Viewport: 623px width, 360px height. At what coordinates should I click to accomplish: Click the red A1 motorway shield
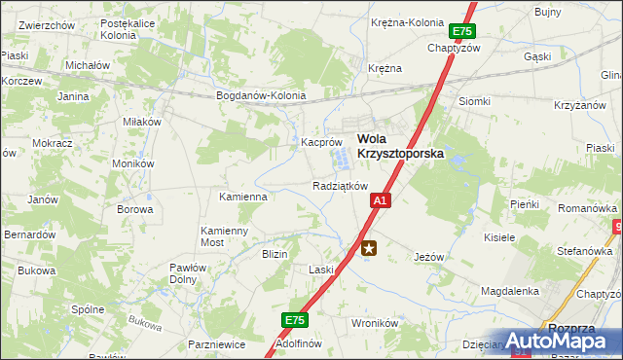click(380, 200)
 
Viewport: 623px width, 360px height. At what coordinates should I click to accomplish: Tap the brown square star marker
click(369, 248)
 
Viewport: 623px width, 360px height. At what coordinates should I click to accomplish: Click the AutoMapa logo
click(563, 342)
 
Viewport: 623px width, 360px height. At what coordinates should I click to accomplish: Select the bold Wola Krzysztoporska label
click(399, 146)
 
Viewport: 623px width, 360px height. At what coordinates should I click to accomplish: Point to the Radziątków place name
click(339, 186)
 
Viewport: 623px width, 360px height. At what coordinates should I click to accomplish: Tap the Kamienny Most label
click(225, 236)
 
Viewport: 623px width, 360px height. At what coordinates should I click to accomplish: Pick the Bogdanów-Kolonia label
click(261, 96)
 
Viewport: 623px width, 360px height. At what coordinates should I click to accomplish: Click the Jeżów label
click(428, 257)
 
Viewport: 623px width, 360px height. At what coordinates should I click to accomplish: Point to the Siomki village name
click(474, 101)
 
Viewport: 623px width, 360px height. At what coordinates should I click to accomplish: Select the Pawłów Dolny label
click(183, 273)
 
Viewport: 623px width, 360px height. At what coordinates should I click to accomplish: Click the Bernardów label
click(28, 234)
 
